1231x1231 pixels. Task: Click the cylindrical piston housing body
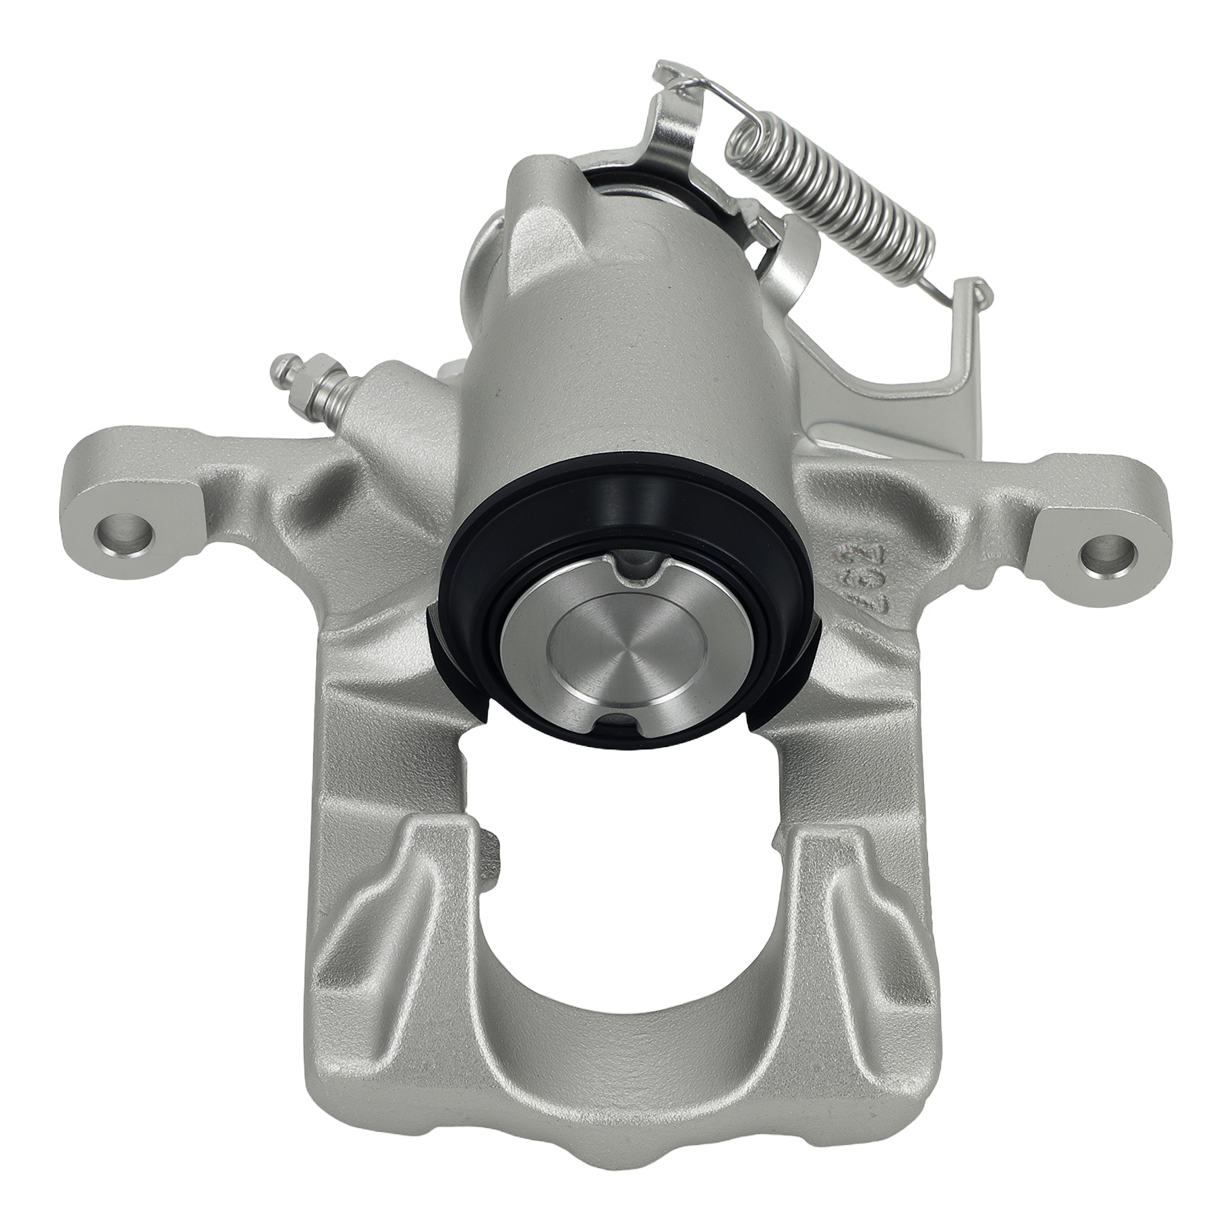coord(615,331)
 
